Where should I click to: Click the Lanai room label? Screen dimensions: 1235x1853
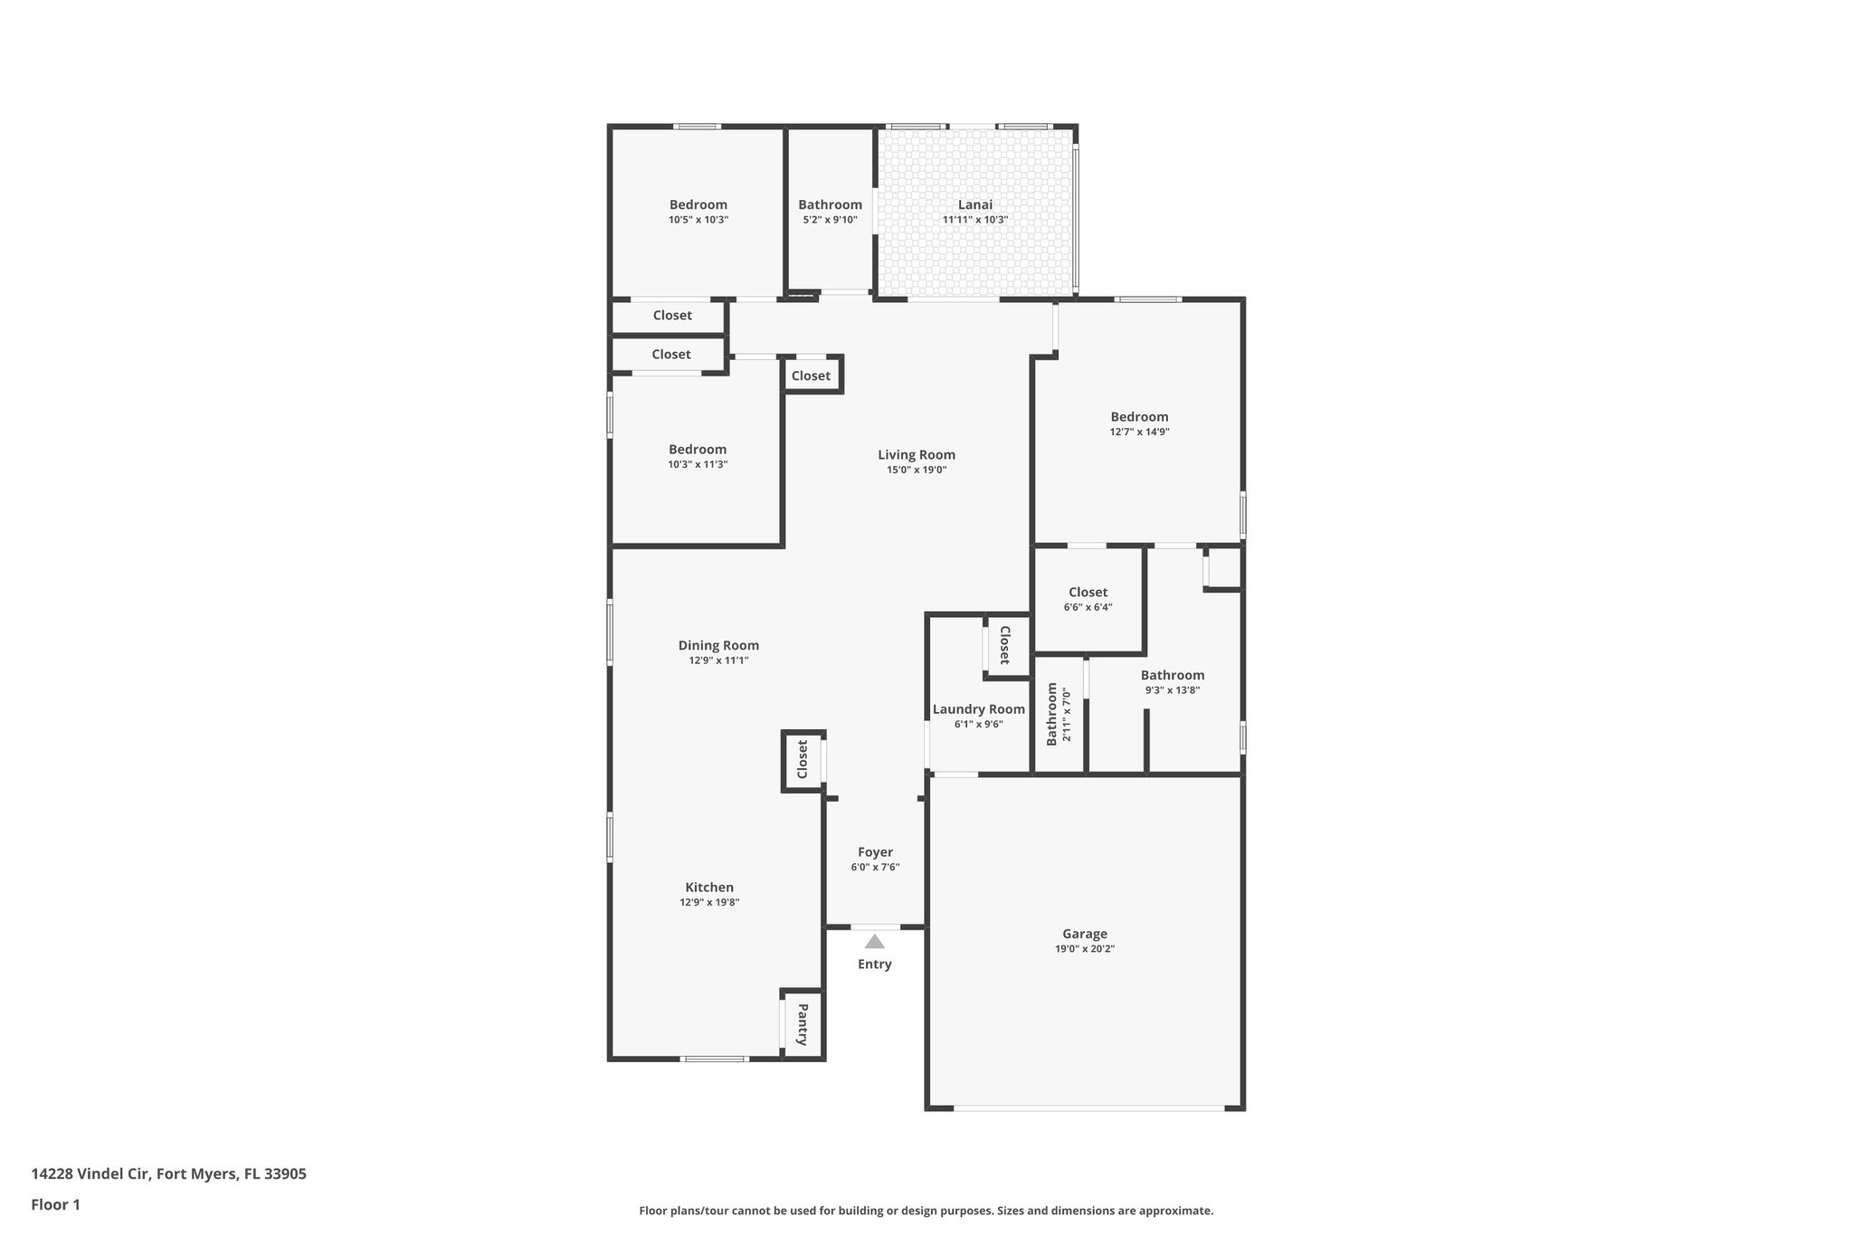974,204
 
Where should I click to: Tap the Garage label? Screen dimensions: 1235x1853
1084,934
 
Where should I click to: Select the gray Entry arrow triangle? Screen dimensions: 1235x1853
874,942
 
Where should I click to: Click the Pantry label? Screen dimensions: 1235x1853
802,1024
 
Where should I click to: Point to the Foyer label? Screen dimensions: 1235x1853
875,851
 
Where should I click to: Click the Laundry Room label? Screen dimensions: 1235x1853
978,709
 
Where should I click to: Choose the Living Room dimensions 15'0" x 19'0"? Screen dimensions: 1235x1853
916,470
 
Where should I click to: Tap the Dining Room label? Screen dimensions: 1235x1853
718,645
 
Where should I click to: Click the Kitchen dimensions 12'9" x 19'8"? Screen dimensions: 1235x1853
709,902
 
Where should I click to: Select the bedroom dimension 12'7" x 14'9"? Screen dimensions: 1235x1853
1139,432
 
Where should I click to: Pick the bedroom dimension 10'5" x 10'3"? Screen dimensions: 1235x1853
698,220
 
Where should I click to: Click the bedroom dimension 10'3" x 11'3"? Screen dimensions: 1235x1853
697,464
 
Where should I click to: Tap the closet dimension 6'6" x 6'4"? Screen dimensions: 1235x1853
1088,607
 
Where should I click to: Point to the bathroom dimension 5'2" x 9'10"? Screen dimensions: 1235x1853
830,220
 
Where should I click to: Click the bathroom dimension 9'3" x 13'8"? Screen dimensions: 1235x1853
1172,689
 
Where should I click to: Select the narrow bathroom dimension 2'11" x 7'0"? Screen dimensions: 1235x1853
1067,715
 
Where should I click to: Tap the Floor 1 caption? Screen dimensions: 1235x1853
55,1204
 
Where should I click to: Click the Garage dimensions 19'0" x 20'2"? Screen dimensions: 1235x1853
1084,949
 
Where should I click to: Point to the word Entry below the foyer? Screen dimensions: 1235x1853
874,964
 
